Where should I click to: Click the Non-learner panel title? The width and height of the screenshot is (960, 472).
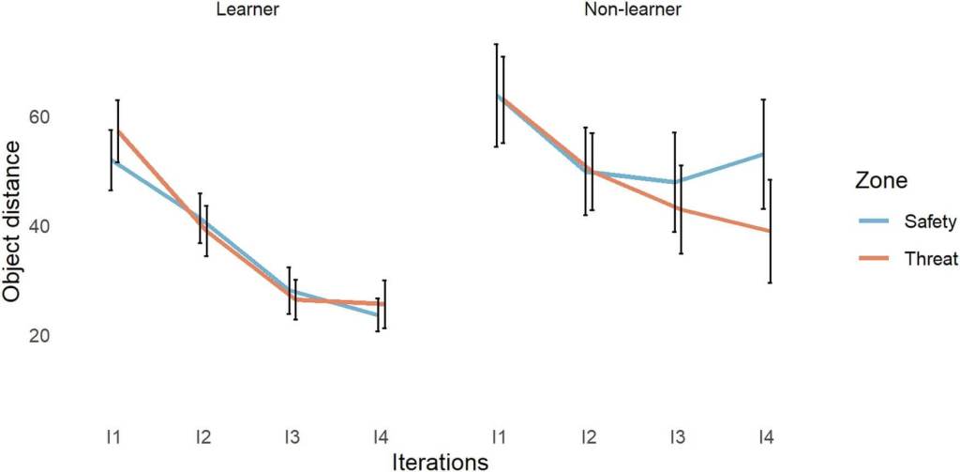pyautogui.click(x=634, y=11)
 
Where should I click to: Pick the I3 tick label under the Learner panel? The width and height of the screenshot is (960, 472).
pyautogui.click(x=292, y=436)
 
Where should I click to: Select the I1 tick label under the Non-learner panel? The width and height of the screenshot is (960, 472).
pyautogui.click(x=497, y=436)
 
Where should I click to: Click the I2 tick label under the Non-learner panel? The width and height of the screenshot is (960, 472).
pyautogui.click(x=588, y=436)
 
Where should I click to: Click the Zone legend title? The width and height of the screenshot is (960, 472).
pyautogui.click(x=882, y=179)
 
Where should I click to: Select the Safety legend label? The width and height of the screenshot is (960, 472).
pyautogui.click(x=930, y=222)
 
